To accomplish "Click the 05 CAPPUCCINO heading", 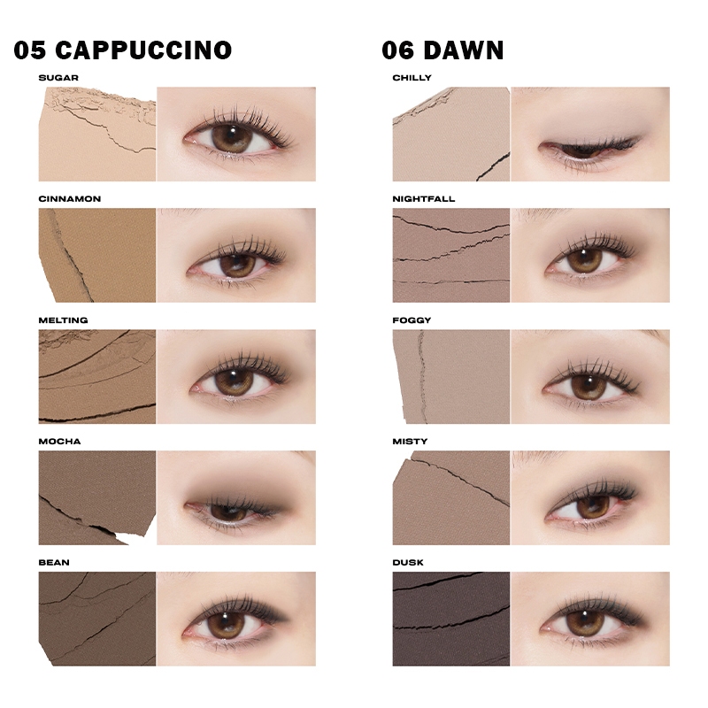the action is pyautogui.click(x=123, y=50).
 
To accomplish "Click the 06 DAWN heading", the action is pyautogui.click(x=442, y=50).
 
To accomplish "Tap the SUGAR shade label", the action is pyautogui.click(x=58, y=78).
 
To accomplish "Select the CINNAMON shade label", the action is pyautogui.click(x=70, y=198).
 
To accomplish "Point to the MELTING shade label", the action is pyautogui.click(x=63, y=320).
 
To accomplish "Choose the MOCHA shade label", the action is pyautogui.click(x=59, y=441).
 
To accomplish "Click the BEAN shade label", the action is pyautogui.click(x=54, y=562).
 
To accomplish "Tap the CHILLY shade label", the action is pyautogui.click(x=412, y=78).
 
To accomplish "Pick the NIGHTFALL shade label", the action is pyautogui.click(x=424, y=198).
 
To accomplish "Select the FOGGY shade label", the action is pyautogui.click(x=412, y=320).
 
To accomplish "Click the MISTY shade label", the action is pyautogui.click(x=410, y=441).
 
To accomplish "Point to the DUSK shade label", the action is pyautogui.click(x=408, y=562).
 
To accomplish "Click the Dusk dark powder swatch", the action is pyautogui.click(x=451, y=619).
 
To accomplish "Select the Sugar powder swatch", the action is pyautogui.click(x=97, y=135).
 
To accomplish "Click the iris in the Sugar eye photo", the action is pyautogui.click(x=231, y=138).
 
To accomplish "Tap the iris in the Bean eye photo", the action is pyautogui.click(x=226, y=624).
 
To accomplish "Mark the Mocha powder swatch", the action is pyautogui.click(x=97, y=497).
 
